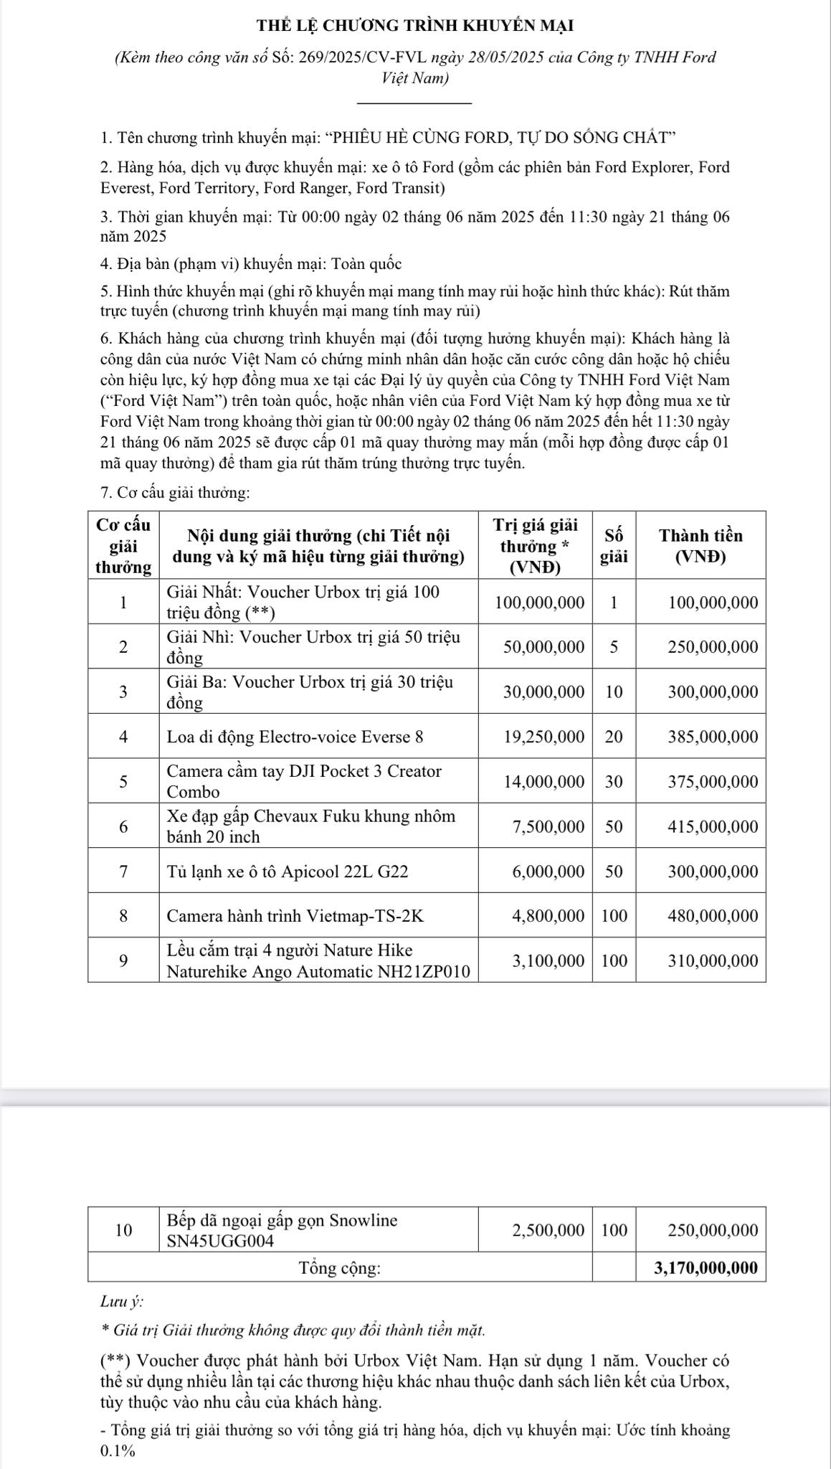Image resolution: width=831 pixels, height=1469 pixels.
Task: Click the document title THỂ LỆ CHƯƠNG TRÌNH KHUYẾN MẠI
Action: (415, 27)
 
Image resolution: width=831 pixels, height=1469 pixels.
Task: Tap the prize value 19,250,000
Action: (544, 737)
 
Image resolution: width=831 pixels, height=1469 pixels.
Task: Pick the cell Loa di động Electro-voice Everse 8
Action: (295, 737)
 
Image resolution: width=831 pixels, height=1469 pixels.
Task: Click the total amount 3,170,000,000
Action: (706, 1267)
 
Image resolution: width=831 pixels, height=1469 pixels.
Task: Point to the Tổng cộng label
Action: (340, 1267)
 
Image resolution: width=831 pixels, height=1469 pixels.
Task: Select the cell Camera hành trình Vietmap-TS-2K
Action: (295, 916)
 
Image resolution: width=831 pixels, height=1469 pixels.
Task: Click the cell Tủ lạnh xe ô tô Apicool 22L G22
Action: (287, 872)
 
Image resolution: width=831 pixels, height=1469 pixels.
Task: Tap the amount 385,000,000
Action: (713, 737)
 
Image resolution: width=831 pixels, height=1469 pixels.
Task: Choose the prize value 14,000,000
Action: (544, 782)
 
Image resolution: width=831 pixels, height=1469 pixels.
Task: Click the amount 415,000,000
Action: (713, 826)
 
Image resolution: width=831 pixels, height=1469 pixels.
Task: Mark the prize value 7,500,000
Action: (549, 826)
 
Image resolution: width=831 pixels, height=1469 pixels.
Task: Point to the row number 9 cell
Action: (123, 960)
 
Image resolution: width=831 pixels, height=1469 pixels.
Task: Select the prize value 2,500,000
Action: (549, 1230)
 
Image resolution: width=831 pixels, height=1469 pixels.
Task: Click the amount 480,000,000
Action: (713, 916)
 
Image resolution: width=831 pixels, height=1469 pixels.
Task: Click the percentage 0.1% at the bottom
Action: (118, 1450)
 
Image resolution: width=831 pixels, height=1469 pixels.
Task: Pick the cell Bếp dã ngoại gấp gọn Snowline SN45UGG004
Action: (282, 1230)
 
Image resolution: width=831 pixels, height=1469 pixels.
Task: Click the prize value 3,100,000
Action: (549, 960)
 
